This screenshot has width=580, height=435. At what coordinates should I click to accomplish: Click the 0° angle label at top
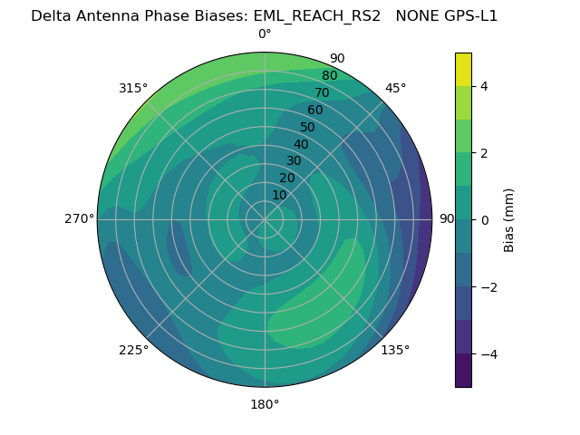(x=265, y=34)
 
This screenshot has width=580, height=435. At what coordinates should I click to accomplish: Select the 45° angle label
(x=395, y=88)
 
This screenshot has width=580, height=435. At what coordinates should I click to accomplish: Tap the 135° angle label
(x=395, y=350)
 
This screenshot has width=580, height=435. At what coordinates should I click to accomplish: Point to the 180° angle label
(x=265, y=404)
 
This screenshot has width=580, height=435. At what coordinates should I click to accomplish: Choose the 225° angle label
(x=133, y=350)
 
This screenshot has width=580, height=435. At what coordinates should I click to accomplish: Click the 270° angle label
(x=79, y=219)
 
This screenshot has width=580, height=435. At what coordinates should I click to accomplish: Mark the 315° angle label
(x=133, y=88)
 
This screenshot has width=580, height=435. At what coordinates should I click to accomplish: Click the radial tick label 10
(x=279, y=195)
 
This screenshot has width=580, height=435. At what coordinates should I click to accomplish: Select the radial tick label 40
(x=301, y=144)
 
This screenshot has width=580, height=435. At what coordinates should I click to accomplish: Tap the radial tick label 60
(x=314, y=110)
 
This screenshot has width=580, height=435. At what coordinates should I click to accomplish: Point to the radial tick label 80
(x=329, y=75)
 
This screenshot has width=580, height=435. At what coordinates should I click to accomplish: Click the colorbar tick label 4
(x=484, y=86)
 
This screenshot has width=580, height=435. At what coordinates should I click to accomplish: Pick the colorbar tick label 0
(x=484, y=219)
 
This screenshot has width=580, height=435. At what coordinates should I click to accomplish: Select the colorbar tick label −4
(x=488, y=353)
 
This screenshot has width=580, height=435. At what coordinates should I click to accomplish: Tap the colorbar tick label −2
(x=488, y=286)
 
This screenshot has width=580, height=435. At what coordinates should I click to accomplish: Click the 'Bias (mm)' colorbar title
(x=509, y=219)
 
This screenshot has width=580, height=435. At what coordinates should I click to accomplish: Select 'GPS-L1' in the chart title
(x=469, y=15)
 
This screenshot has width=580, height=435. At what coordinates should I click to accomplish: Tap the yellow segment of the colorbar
(x=463, y=69)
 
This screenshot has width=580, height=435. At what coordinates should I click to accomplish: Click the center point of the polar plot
(x=265, y=219)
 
